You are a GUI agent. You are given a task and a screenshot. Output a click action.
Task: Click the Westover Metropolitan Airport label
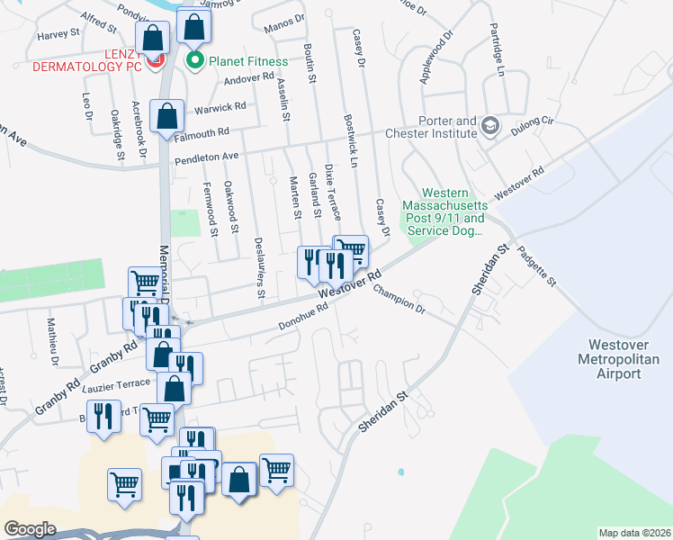(x=624, y=358)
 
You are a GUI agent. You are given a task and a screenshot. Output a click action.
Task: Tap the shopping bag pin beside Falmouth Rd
(x=167, y=116)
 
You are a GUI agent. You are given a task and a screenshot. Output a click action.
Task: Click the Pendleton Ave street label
(x=205, y=157)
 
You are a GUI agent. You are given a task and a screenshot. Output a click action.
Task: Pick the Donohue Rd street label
(x=303, y=319)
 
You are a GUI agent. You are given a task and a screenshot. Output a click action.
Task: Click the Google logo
(x=30, y=528)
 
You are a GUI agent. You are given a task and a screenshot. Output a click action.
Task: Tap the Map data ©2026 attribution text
(x=634, y=532)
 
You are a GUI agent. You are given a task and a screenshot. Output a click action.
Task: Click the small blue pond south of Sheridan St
(x=399, y=472)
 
